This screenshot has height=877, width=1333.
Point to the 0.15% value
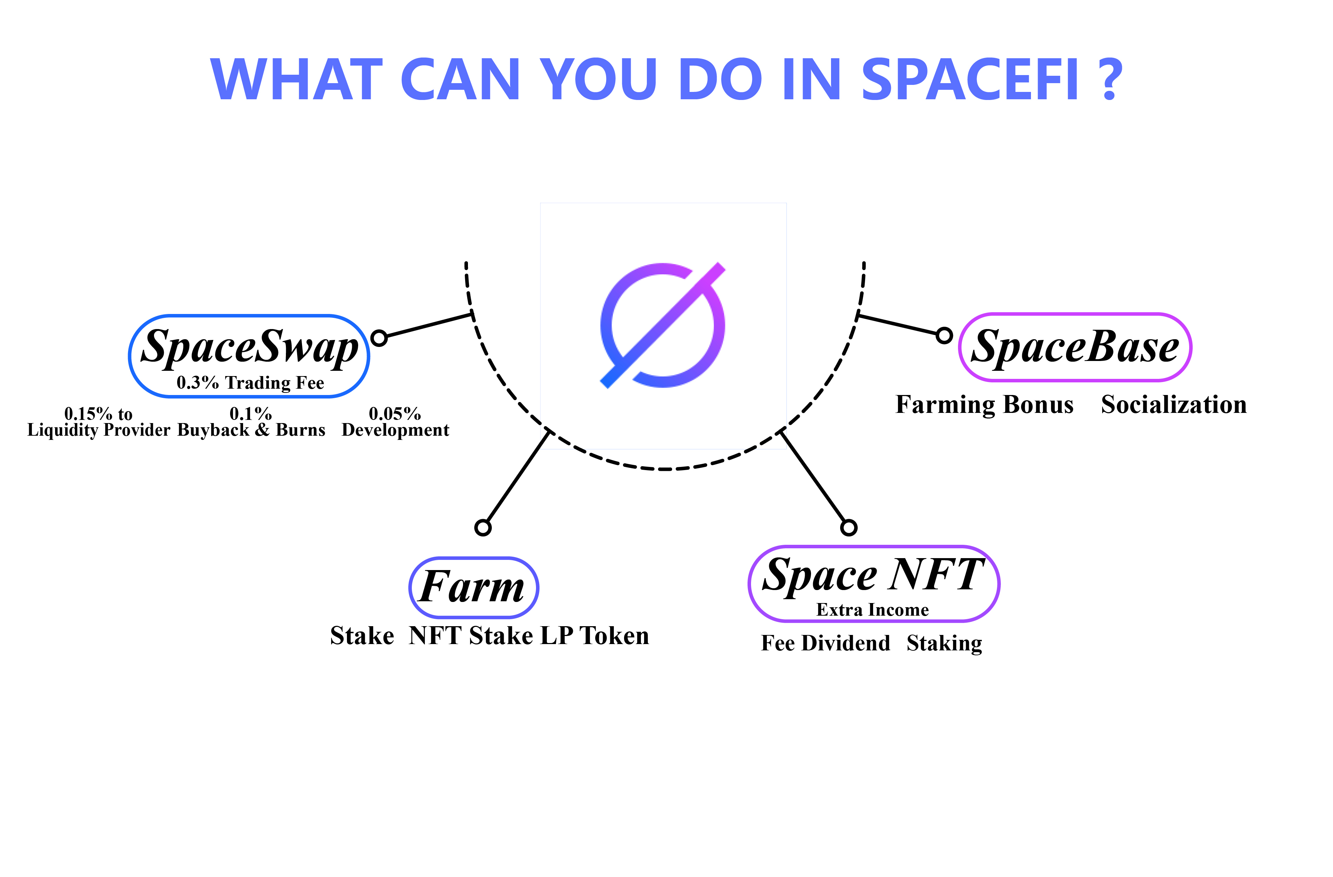coord(88,414)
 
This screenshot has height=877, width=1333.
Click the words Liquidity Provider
coord(99,430)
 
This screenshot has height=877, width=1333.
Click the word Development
coord(395,430)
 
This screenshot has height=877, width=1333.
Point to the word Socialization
coord(1174,405)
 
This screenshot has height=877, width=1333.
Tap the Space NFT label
coord(873,575)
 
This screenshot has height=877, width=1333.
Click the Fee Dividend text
coord(825,643)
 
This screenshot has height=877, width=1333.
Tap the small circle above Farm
coord(483,528)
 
